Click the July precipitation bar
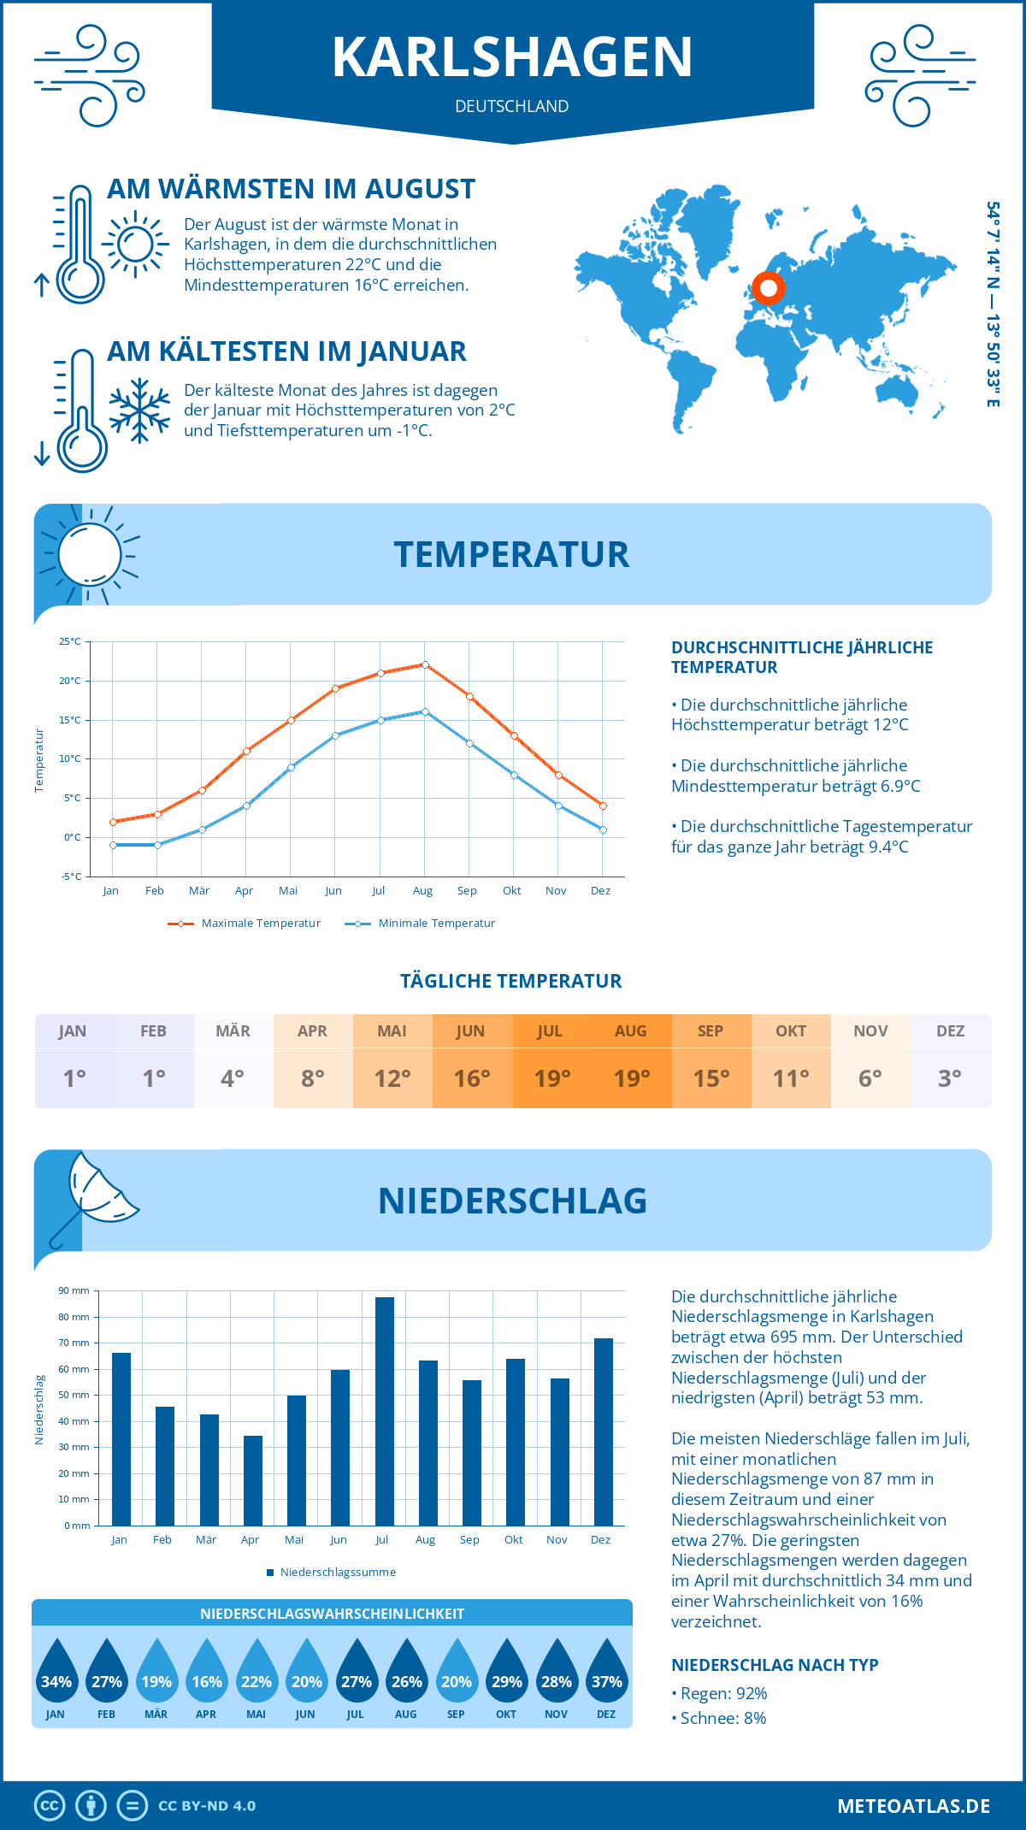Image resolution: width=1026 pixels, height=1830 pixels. (x=385, y=1411)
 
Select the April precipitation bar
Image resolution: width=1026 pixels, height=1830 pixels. (x=253, y=1480)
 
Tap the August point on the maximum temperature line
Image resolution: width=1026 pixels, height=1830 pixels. (x=425, y=664)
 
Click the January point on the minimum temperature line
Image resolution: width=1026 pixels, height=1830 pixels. (x=113, y=845)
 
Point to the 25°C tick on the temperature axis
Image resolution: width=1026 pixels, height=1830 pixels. (x=70, y=641)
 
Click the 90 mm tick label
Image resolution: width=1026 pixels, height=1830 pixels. (x=74, y=1290)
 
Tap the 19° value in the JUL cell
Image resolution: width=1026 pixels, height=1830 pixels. (x=551, y=1078)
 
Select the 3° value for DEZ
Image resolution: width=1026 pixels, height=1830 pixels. (x=950, y=1078)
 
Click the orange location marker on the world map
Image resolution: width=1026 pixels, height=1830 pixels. (x=768, y=288)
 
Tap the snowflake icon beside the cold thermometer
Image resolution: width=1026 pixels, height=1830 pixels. (x=139, y=410)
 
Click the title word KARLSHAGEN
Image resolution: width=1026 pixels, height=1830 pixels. (x=512, y=58)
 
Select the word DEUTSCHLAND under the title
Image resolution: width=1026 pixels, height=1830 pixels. (x=511, y=107)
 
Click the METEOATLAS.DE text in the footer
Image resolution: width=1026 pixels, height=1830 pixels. (x=913, y=1806)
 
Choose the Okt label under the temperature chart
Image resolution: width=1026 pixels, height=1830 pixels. (x=511, y=891)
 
